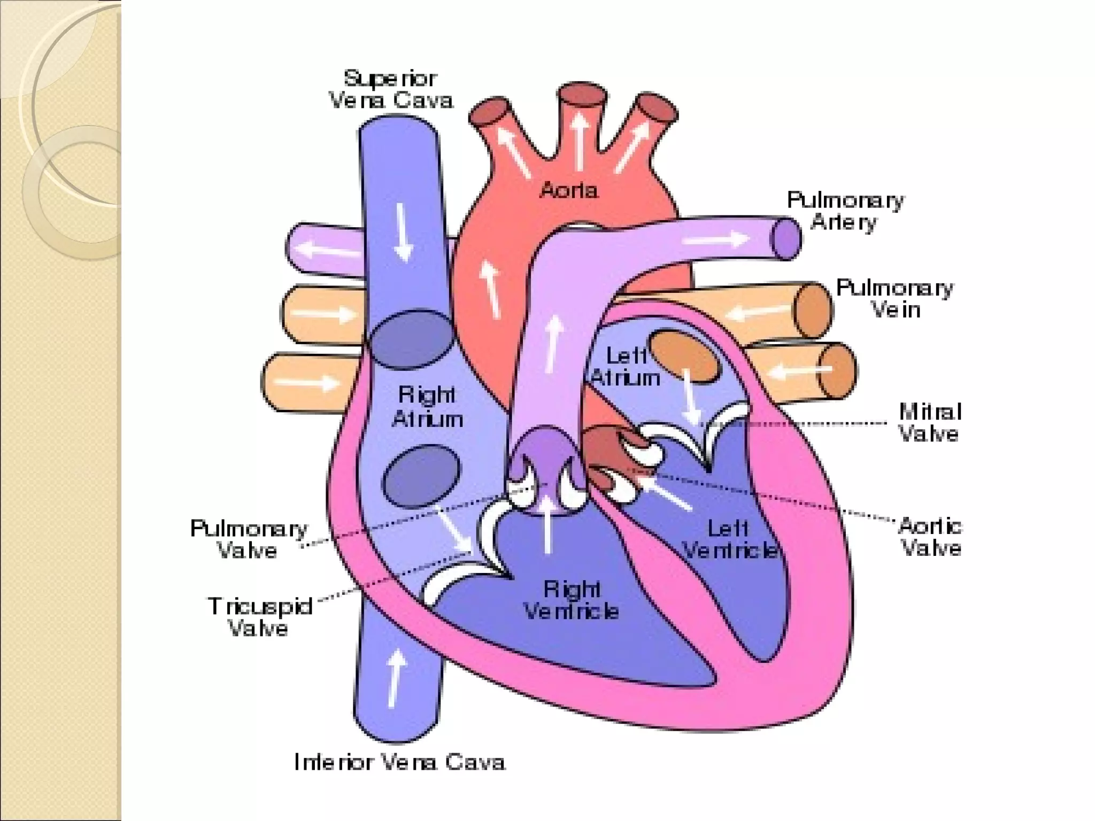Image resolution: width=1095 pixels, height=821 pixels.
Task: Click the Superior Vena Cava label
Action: [390, 90]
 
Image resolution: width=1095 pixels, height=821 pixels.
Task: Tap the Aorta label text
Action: [568, 190]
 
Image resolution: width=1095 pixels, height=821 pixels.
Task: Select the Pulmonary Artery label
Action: [845, 211]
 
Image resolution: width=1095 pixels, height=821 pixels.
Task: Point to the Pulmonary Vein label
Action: [894, 298]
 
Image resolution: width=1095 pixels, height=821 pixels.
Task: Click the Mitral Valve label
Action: [929, 422]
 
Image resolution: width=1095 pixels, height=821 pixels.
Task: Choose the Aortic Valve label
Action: [930, 537]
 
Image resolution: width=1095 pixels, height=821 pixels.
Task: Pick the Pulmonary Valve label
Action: [249, 539]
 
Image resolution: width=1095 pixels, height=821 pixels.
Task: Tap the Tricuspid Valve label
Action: [260, 617]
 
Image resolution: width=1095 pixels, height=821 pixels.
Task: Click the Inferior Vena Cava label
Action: [399, 762]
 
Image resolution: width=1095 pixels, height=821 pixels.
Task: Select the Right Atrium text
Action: [427, 407]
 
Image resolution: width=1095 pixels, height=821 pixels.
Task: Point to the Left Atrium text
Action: [626, 367]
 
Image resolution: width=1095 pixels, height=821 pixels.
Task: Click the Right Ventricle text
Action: [571, 600]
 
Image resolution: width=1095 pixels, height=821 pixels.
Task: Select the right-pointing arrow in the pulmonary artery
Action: [716, 239]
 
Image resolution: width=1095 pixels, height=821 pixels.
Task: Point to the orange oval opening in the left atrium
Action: [685, 355]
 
